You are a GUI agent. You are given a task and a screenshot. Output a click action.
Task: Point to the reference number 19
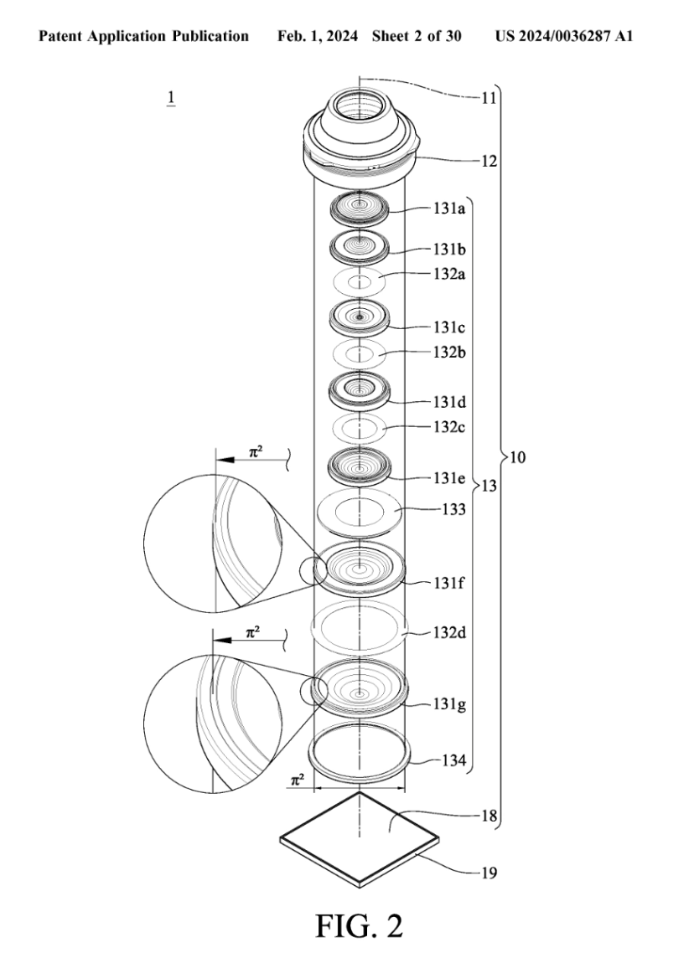point(489,873)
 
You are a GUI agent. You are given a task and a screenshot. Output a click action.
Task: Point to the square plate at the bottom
point(359,837)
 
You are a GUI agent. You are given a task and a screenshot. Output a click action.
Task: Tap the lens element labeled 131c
point(360,317)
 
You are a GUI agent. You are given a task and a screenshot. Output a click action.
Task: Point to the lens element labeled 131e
point(360,465)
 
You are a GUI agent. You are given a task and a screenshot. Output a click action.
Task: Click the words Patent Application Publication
point(144,36)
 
